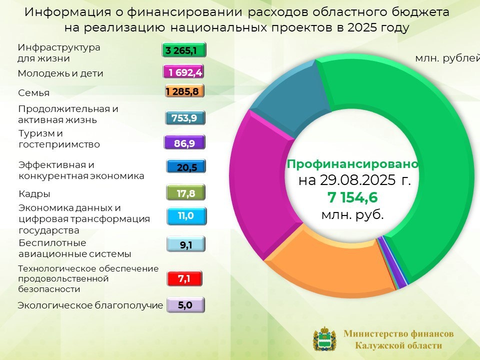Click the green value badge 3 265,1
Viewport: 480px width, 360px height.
184,50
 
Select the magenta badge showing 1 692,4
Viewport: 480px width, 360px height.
183,72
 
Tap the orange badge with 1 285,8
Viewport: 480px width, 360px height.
184,91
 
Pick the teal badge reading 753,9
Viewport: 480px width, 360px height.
185,118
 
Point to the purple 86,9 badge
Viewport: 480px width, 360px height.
184,142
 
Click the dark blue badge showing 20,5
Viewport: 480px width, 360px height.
186,167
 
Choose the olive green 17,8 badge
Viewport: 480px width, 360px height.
186,193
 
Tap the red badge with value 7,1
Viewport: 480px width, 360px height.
184,278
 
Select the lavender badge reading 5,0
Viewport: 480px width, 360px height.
185,305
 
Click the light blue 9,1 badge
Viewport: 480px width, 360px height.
186,244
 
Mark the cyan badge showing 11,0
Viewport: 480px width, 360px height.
186,216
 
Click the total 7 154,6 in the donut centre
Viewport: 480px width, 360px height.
352,197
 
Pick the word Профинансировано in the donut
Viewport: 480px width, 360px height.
352,164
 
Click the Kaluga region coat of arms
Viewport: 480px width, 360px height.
324,339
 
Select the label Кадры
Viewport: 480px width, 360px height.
34,194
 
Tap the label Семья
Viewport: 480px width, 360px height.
33,93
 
